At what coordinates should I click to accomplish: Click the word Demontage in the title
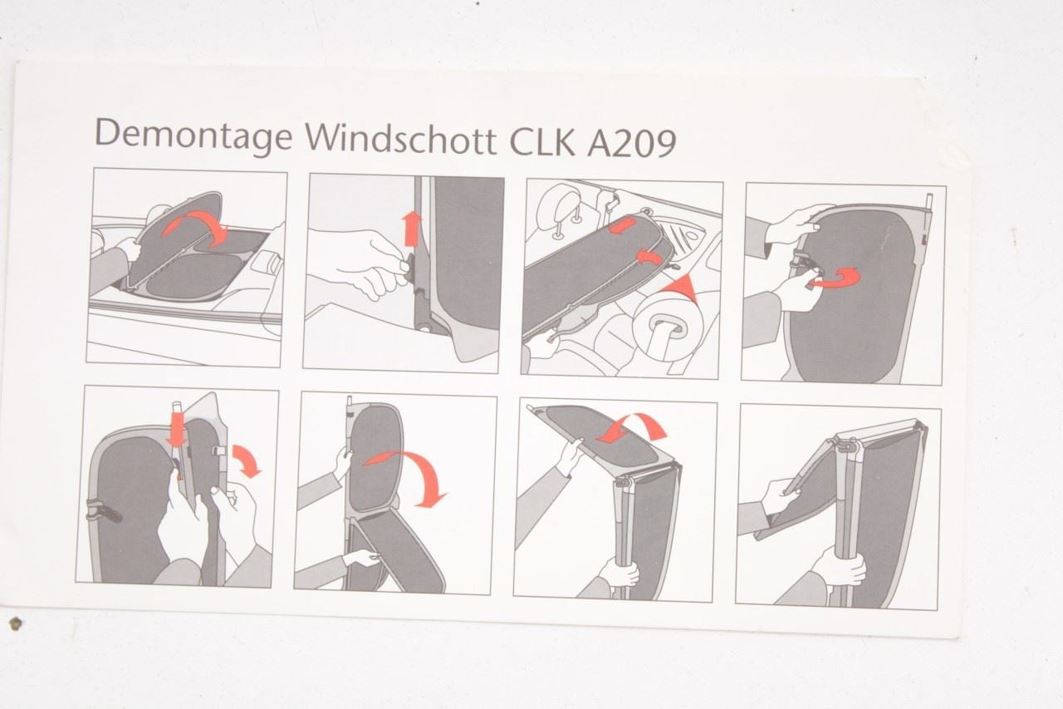click(194, 135)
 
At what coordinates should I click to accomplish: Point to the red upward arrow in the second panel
click(411, 229)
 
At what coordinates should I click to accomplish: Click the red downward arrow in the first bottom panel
click(176, 430)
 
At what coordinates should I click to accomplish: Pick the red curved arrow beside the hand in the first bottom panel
click(247, 460)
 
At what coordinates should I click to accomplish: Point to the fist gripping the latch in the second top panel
click(375, 264)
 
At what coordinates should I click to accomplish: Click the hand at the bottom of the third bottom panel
click(619, 572)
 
